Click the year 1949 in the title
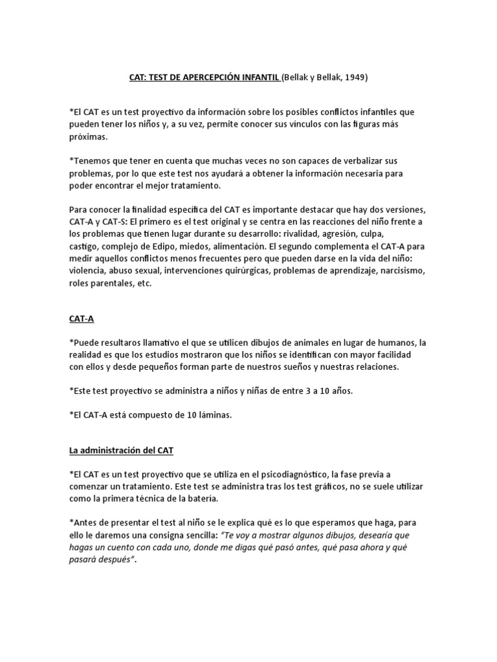[x=356, y=77]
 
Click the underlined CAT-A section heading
[x=82, y=319]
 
